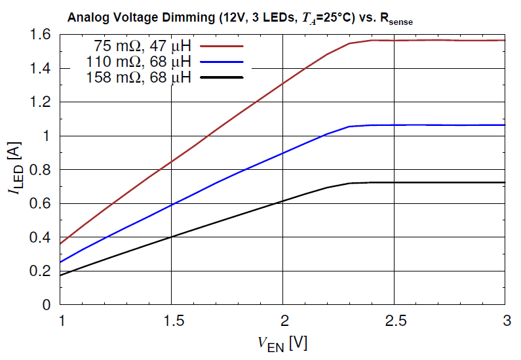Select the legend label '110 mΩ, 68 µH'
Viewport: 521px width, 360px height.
tap(138, 62)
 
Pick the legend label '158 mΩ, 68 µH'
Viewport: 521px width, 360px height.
tap(138, 78)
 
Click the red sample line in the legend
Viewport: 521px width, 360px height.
tap(222, 47)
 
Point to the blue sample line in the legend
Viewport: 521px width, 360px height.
tap(222, 62)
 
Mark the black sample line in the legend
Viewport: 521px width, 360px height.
tap(222, 77)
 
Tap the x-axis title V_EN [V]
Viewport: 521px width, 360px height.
tap(282, 342)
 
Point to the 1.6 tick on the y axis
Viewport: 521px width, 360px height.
tap(41, 35)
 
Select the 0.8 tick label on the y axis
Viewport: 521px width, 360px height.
tap(41, 170)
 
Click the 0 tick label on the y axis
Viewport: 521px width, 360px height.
tap(47, 305)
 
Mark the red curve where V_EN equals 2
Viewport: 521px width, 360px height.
tap(282, 83)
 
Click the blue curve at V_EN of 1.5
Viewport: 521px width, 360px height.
tap(171, 205)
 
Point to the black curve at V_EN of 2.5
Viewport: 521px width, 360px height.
tap(394, 182)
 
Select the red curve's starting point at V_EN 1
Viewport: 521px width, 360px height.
tap(60, 244)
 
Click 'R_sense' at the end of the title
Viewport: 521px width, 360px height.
tap(393, 20)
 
